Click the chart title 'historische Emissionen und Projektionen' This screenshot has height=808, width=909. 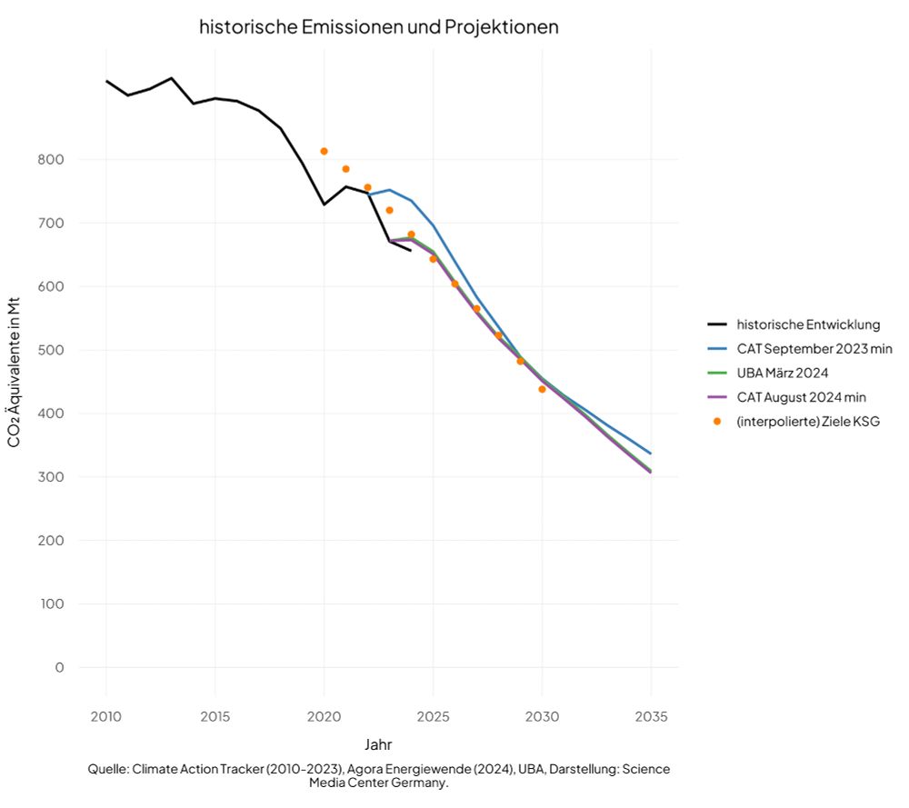tap(378, 27)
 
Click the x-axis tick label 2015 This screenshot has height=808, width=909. tap(215, 716)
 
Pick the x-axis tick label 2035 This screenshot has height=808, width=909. tap(651, 716)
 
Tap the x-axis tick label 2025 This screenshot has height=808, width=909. tap(434, 716)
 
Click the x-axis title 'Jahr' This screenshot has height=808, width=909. tap(378, 745)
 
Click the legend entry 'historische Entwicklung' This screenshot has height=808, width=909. tap(808, 324)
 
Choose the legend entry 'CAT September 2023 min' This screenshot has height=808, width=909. tap(814, 349)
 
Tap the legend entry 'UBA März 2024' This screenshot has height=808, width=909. tap(783, 373)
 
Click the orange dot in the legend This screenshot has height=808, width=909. tap(717, 422)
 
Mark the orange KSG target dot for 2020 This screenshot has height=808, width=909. tap(324, 151)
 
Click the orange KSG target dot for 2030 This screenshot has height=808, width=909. tap(542, 389)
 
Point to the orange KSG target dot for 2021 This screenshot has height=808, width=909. tap(345, 169)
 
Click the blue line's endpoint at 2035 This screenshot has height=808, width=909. tap(650, 453)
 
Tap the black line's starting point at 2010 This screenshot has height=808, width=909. tap(106, 81)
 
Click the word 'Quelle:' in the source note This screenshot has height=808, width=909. tap(108, 769)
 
